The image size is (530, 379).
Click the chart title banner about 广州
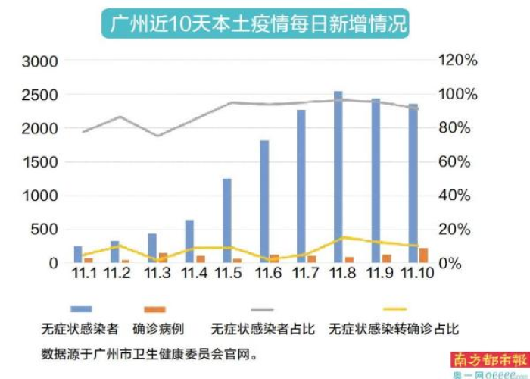tap(255, 24)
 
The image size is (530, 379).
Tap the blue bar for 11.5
tap(226, 221)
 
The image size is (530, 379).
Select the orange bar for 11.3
tap(163, 258)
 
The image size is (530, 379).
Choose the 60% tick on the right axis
tap(458, 162)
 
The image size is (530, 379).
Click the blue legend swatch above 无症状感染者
tap(81, 309)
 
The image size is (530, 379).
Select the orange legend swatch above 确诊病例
tap(154, 309)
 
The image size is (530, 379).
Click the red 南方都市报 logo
tap(479, 359)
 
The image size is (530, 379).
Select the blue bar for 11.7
tap(301, 186)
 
